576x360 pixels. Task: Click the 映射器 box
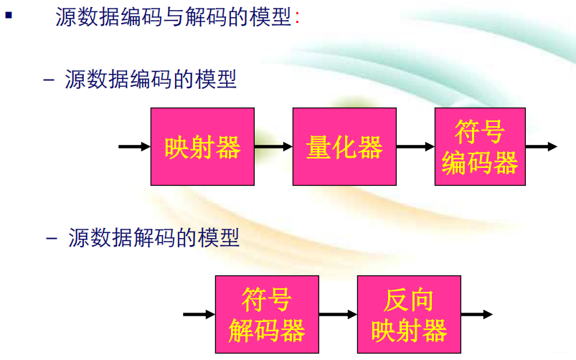[202, 147]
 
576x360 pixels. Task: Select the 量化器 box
[344, 147]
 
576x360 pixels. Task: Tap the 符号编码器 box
[479, 147]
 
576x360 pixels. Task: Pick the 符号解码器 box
[267, 314]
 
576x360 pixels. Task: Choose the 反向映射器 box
[409, 314]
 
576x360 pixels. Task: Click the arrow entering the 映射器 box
[134, 147]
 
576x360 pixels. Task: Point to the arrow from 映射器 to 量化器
[273, 147]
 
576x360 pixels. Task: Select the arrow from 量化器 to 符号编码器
[415, 147]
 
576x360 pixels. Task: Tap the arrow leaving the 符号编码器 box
[541, 147]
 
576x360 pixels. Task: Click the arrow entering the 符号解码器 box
[199, 314]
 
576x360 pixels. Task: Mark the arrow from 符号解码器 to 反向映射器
[338, 314]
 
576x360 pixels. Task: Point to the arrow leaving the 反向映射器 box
[476, 314]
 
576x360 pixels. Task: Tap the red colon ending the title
[297, 19]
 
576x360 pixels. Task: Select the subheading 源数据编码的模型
[151, 78]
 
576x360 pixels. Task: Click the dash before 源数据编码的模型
[49, 79]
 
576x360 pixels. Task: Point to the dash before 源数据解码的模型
[52, 238]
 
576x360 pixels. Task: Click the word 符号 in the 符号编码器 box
[479, 133]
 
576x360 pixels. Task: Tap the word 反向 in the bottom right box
[409, 300]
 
